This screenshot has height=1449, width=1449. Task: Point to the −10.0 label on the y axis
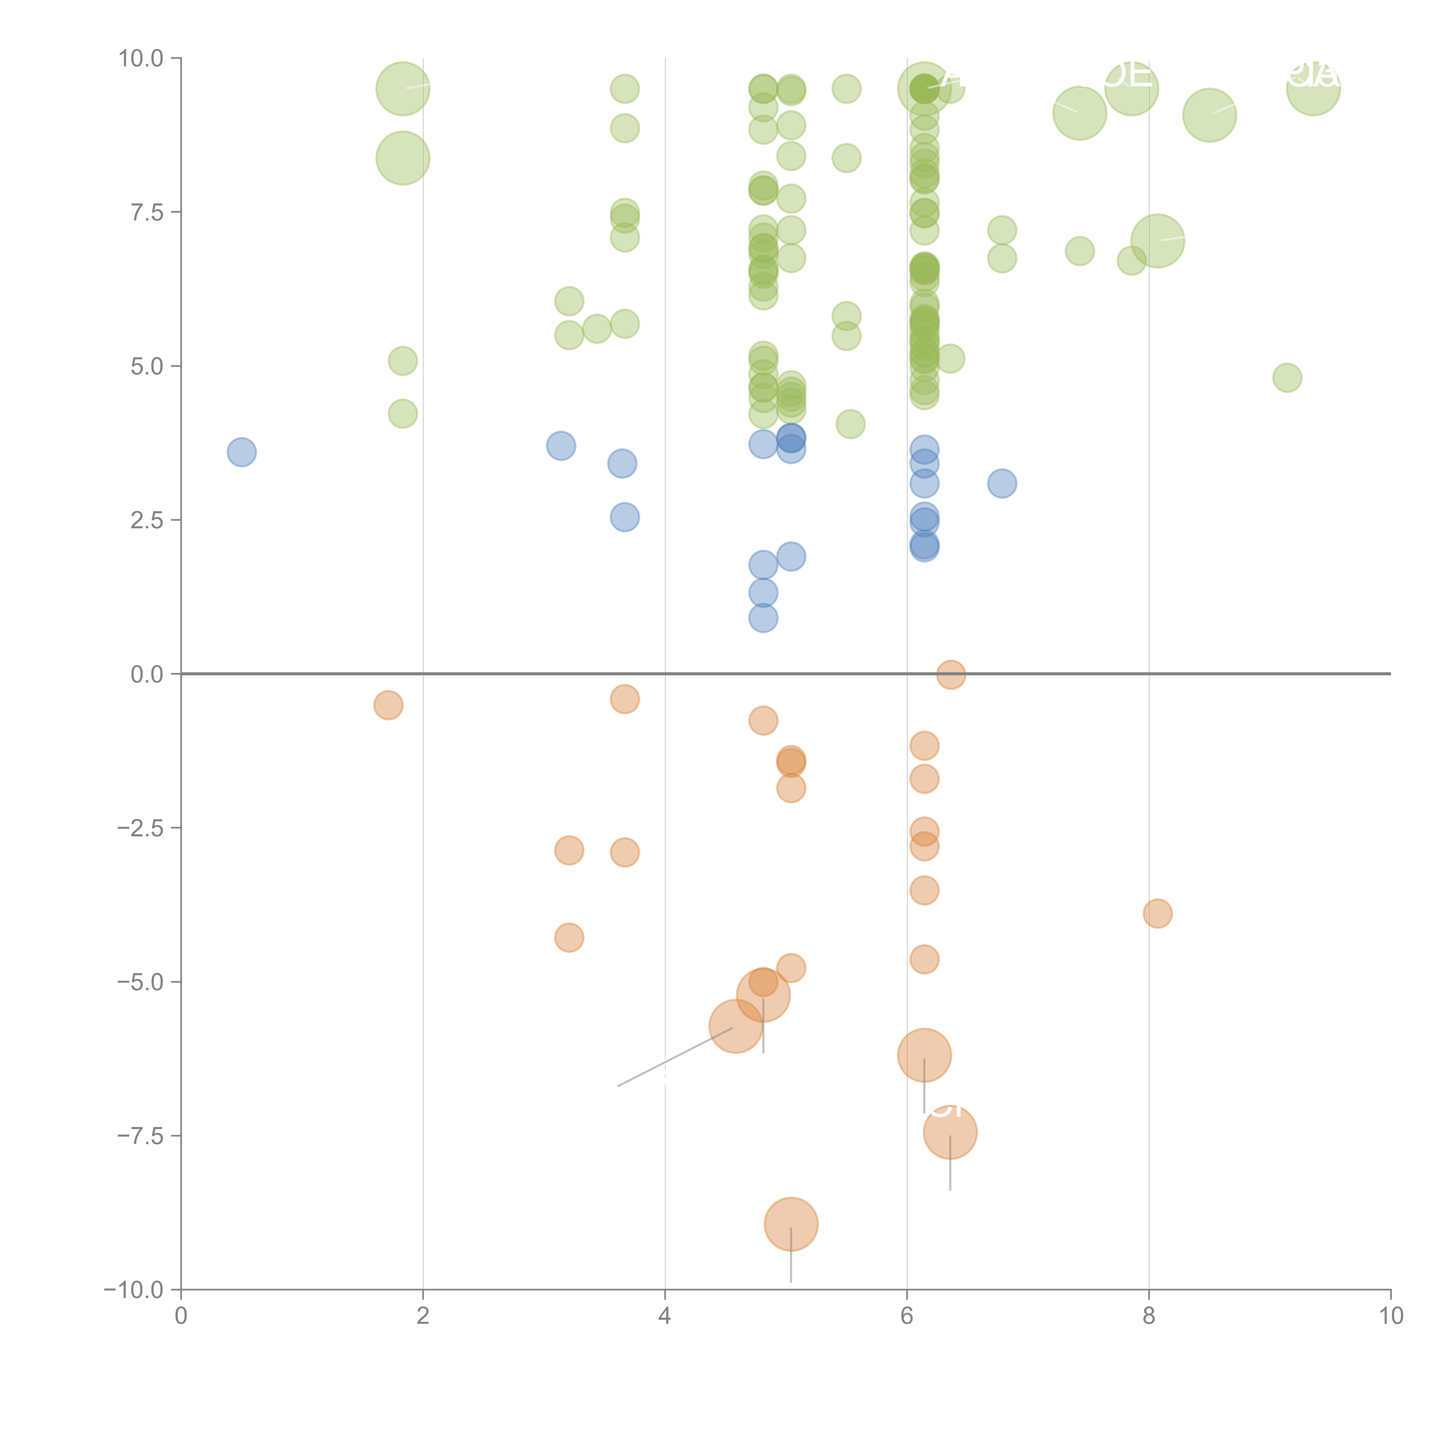(x=134, y=1290)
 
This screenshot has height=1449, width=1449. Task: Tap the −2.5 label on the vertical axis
(x=139, y=828)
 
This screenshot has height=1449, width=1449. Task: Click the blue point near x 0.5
(x=241, y=452)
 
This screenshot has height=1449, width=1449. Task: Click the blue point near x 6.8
(x=1002, y=484)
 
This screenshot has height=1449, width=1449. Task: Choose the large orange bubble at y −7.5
(x=950, y=1133)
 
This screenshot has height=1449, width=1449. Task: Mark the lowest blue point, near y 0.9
(x=763, y=618)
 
